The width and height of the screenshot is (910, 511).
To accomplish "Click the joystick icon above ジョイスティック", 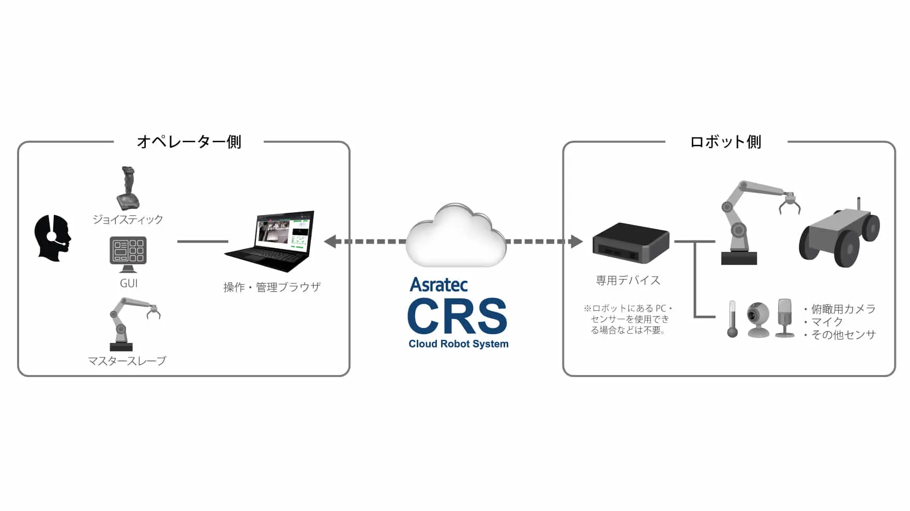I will pos(128,188).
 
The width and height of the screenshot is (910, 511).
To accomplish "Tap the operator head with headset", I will pos(52,237).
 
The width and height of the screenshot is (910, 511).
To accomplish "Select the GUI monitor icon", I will pos(128,253).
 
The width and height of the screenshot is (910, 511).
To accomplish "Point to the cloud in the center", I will pos(456,237).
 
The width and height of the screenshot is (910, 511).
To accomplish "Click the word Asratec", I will pos(438,285).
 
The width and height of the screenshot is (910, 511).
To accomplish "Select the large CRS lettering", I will pos(457,316).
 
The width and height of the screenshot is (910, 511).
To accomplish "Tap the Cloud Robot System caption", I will pos(458,344).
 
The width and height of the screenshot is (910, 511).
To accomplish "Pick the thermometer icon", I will pos(732,319).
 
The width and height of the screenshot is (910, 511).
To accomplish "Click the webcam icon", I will pos(758,319).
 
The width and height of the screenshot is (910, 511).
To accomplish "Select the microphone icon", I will pos(785,318).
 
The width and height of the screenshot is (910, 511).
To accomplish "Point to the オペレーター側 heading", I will pos(189,142).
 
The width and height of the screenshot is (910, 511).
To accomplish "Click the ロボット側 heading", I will pos(725,142).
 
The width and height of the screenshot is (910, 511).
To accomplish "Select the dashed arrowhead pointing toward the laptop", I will pos(330,242).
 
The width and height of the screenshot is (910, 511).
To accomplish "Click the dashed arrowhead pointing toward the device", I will pos(576,242).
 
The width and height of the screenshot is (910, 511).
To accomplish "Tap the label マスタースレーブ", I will pos(127,360).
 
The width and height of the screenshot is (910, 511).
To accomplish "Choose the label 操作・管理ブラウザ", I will pos(272,287).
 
